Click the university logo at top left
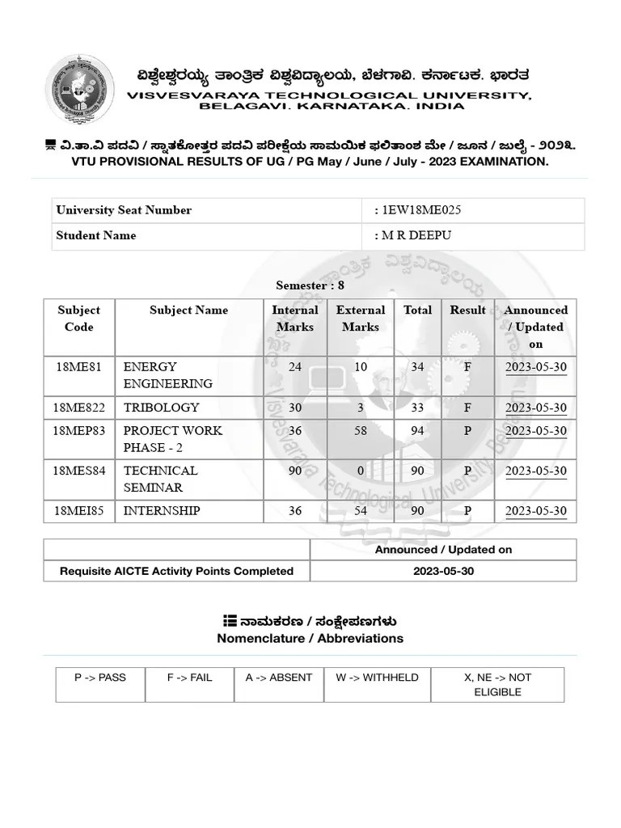pyautogui.click(x=78, y=88)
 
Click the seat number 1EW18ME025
pyautogui.click(x=421, y=210)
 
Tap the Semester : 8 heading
pyautogui.click(x=310, y=285)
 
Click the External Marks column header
pyautogui.click(x=361, y=319)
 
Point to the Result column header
pyautogui.click(x=467, y=310)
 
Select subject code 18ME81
pyautogui.click(x=79, y=367)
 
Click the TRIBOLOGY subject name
pyautogui.click(x=161, y=408)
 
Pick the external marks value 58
pyautogui.click(x=361, y=431)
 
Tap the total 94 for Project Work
pyautogui.click(x=417, y=431)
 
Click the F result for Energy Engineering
pyautogui.click(x=467, y=367)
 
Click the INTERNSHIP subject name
pyautogui.click(x=162, y=511)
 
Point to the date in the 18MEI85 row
pyautogui.click(x=535, y=511)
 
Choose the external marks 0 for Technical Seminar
pyautogui.click(x=361, y=471)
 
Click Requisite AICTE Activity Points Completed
pyautogui.click(x=176, y=571)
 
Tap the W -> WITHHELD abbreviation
pyautogui.click(x=377, y=678)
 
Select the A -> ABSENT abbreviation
pyautogui.click(x=278, y=678)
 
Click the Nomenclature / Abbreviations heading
pyautogui.click(x=310, y=639)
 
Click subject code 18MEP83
pyautogui.click(x=79, y=431)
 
